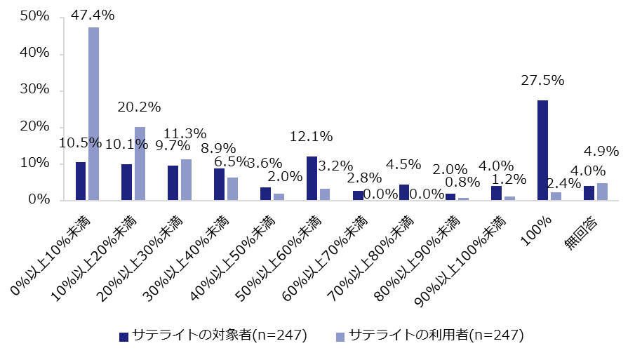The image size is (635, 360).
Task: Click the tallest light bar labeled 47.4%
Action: click(x=93, y=114)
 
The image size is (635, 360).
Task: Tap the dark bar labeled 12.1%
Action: click(x=312, y=178)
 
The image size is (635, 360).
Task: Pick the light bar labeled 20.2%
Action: click(x=140, y=164)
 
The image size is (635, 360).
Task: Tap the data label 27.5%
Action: click(x=542, y=80)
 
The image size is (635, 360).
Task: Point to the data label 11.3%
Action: click(x=185, y=133)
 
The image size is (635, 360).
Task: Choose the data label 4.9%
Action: click(x=601, y=151)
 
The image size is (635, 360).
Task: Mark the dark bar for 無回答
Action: click(x=589, y=193)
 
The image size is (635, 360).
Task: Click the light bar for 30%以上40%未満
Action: click(x=232, y=189)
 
